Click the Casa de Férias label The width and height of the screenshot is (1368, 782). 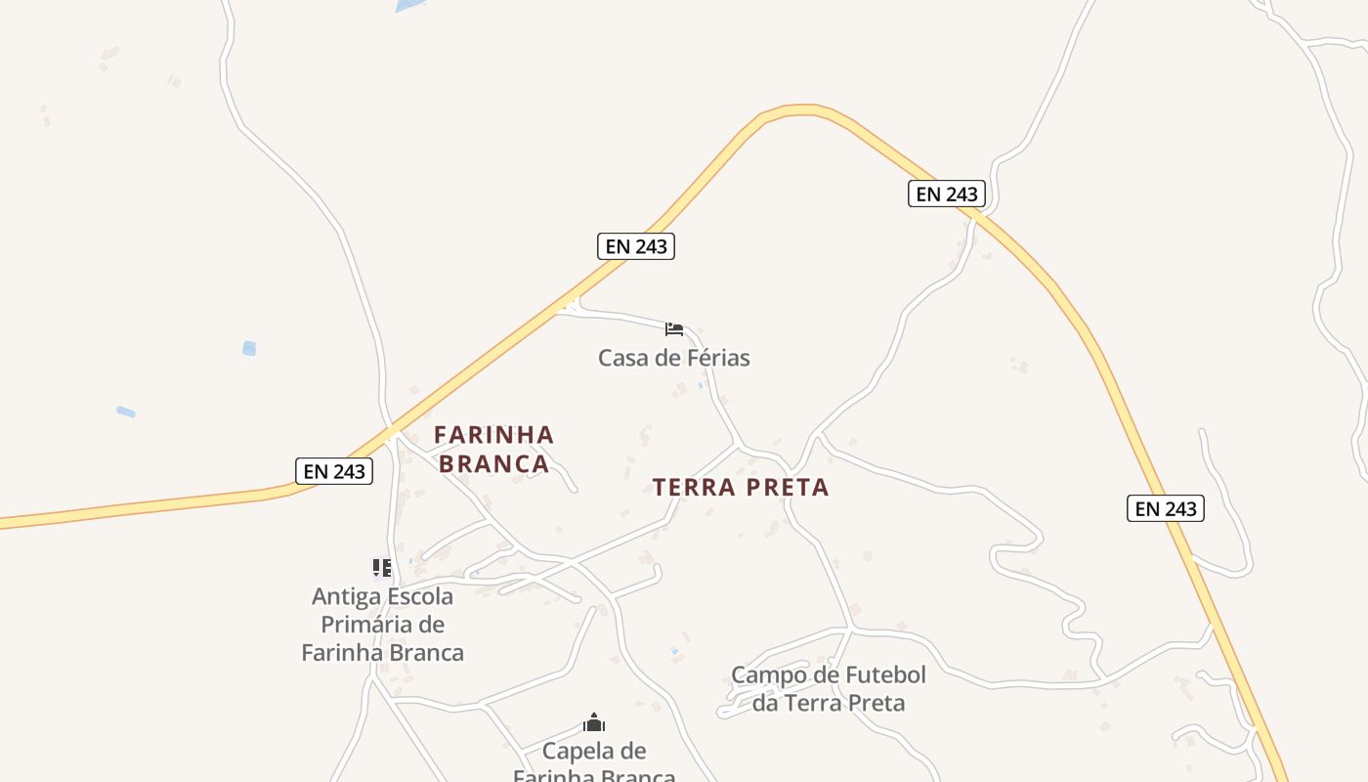click(674, 358)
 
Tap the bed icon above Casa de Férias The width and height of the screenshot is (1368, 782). click(674, 328)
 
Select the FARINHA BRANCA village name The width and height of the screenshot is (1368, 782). click(493, 449)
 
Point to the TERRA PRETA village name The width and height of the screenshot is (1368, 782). click(741, 487)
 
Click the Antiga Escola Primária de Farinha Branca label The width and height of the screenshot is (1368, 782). click(382, 625)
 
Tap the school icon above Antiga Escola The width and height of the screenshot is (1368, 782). click(382, 567)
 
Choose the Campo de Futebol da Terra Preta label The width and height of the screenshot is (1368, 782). click(829, 688)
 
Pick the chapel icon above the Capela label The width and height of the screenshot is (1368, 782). click(594, 723)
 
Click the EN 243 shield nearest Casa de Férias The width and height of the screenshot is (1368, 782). click(636, 246)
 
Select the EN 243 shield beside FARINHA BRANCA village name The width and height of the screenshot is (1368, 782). click(334, 471)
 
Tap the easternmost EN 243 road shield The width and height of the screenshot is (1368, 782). click(1166, 508)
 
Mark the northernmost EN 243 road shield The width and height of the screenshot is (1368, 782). click(946, 194)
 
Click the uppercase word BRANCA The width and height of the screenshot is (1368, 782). click(493, 463)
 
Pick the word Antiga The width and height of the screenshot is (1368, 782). click(344, 596)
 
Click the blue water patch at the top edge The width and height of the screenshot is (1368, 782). click(410, 5)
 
